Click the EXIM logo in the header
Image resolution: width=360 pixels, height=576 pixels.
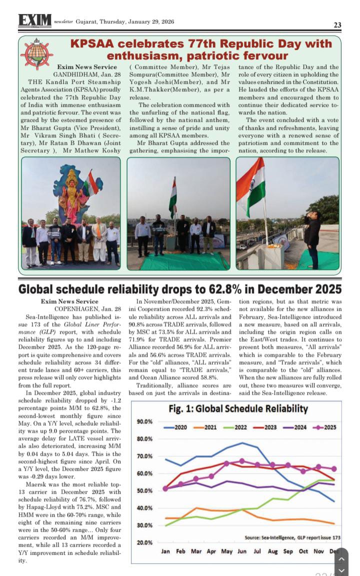coord(35,20)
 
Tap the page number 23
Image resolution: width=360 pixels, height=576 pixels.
coord(337,25)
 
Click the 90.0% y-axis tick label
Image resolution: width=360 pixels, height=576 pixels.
coord(144,422)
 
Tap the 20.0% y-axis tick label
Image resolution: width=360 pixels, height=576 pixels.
coord(144,543)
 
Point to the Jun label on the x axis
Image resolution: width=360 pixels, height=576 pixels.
coord(242,552)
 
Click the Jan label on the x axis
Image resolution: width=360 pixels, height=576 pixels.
coord(165,552)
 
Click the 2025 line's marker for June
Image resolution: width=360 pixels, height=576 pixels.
coord(242,461)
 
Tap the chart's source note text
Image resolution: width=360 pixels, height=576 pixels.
coord(292,537)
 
